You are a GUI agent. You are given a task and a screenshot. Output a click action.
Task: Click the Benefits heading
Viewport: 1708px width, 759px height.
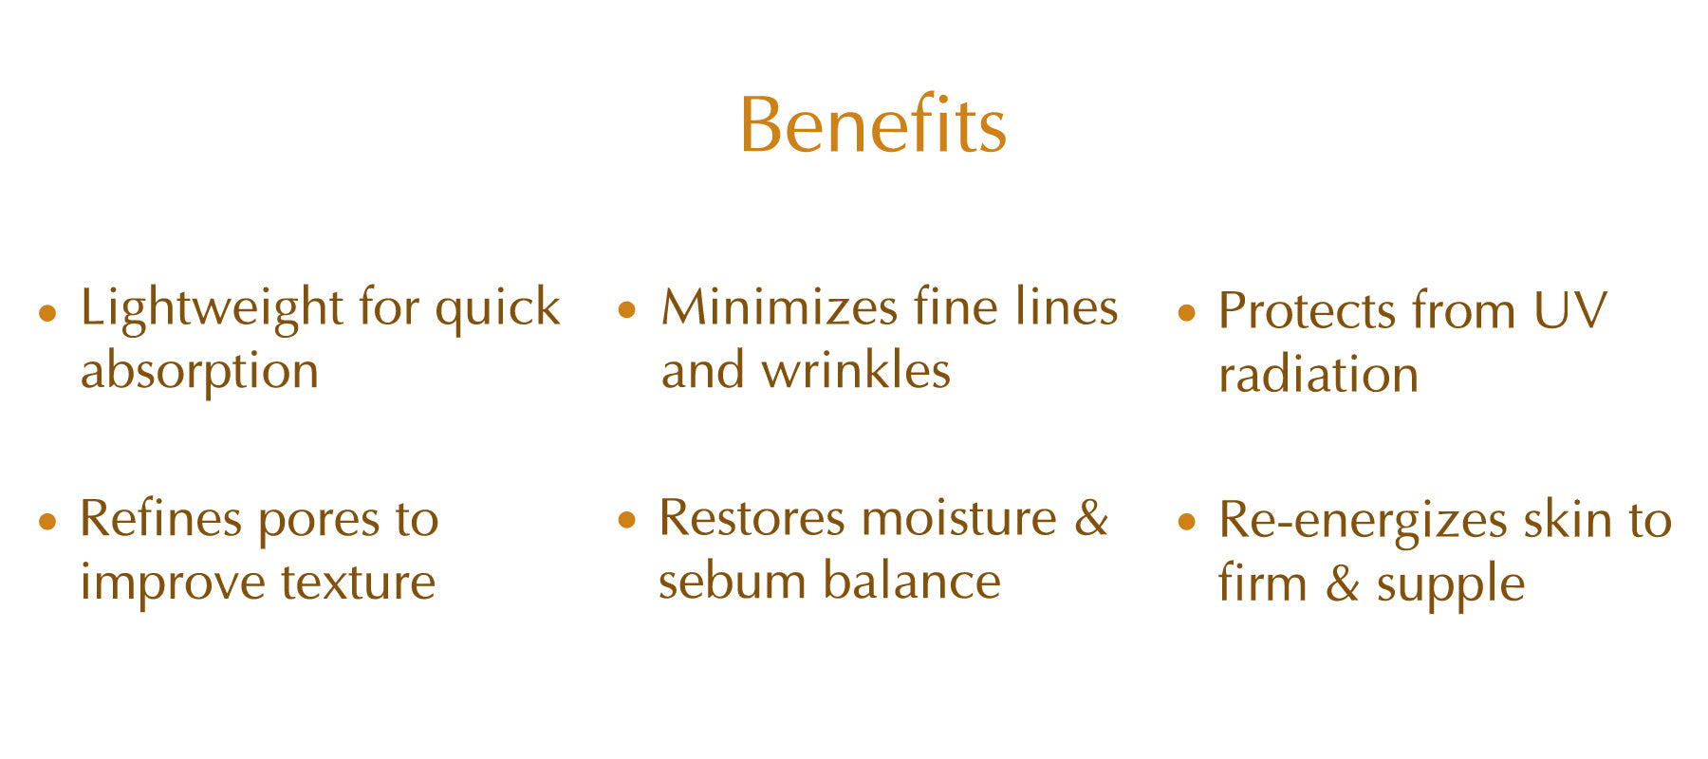tap(873, 124)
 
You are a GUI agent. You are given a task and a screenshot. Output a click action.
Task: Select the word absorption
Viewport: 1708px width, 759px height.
tap(199, 372)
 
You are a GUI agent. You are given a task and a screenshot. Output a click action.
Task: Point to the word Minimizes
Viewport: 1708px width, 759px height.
tap(779, 307)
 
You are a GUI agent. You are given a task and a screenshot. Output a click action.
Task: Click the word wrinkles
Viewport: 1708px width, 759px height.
tap(856, 370)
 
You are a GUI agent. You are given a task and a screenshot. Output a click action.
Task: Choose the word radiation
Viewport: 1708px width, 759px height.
tap(1318, 374)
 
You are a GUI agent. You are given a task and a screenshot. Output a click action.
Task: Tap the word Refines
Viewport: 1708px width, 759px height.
tap(161, 518)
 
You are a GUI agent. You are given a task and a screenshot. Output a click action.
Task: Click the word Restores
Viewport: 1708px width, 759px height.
tap(752, 518)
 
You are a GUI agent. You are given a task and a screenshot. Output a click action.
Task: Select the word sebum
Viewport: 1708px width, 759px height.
tap(731, 581)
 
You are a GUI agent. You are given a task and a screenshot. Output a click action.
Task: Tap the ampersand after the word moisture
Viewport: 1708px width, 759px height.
tap(1091, 518)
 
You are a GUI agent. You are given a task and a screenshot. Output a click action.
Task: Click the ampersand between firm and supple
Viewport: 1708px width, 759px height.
tap(1342, 583)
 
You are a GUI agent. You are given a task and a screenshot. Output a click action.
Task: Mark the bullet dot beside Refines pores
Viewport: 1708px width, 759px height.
tap(47, 521)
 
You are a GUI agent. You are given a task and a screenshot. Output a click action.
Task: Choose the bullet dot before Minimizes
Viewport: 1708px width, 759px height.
tap(626, 309)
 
